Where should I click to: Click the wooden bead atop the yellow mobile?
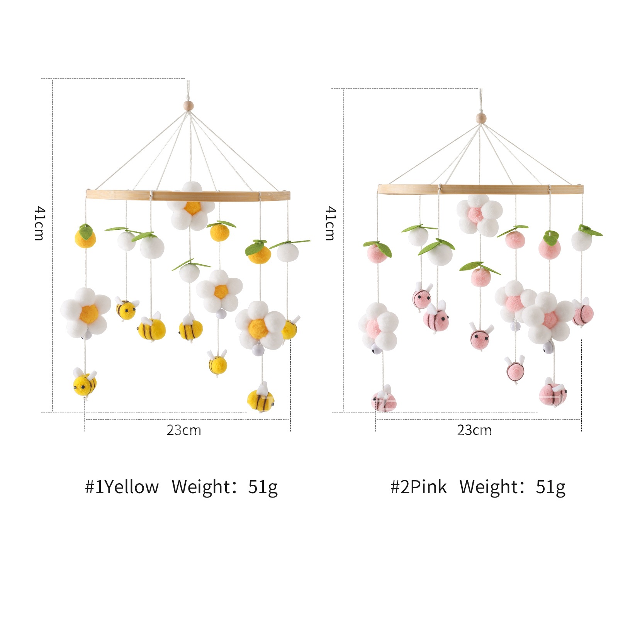coord(188,105)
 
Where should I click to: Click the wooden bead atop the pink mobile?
coord(481,118)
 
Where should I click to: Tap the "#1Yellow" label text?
coord(122,487)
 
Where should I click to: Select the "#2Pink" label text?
coord(418,487)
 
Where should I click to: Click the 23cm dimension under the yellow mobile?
coord(184,430)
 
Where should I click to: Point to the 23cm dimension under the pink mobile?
coord(474,430)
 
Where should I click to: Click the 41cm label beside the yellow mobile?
coord(40,223)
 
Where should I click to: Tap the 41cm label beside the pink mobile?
coord(330,223)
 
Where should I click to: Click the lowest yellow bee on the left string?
coord(85,382)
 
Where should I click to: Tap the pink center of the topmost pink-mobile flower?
coord(475,214)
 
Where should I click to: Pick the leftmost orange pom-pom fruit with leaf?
coord(85,237)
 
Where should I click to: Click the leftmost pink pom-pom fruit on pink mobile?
coord(377,253)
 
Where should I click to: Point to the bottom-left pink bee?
coord(384,400)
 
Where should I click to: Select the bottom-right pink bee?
coord(553,393)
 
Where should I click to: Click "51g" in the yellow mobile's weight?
coord(263,487)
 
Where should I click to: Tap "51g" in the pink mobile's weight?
coord(550,487)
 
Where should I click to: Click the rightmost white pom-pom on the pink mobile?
coord(582,240)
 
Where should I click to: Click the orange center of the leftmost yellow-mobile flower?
coord(89,314)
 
